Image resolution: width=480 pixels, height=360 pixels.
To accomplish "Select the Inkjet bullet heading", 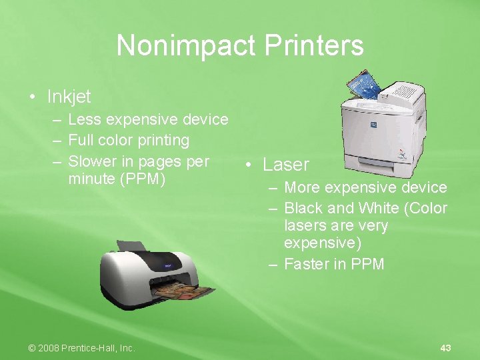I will [x=69, y=97].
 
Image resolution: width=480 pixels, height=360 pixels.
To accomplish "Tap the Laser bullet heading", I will [x=286, y=165].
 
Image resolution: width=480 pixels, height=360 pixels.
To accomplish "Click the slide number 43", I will [x=446, y=348].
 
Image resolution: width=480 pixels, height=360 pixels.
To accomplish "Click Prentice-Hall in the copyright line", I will [x=93, y=348].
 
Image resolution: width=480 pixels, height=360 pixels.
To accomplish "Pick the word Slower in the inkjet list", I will [x=93, y=161].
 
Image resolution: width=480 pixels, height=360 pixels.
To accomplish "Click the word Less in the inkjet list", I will [x=83, y=119].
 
